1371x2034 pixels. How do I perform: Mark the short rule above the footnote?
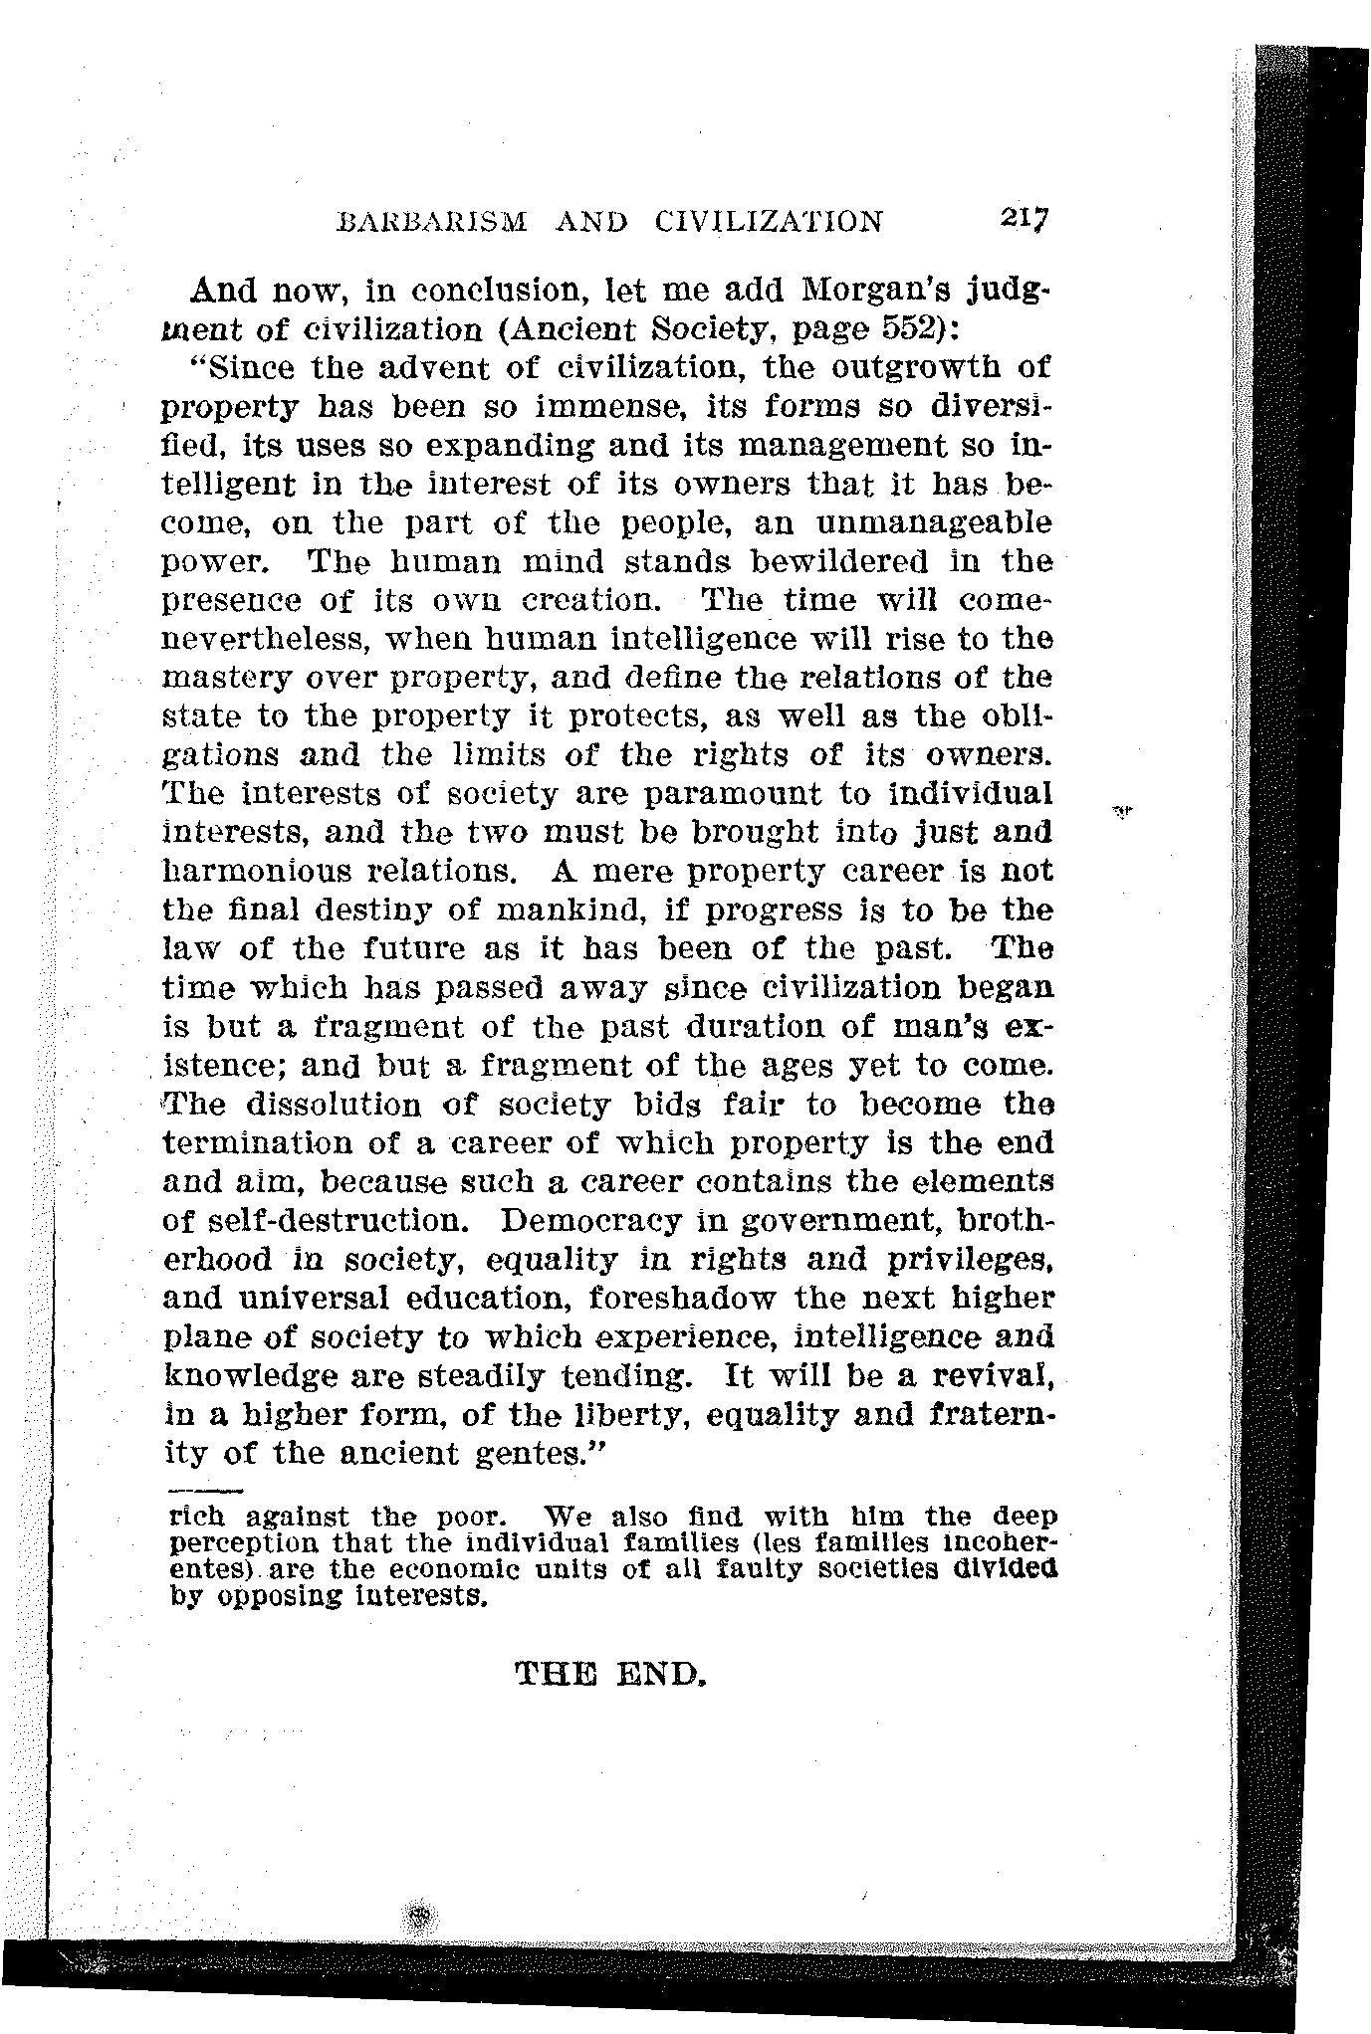[x=206, y=1491]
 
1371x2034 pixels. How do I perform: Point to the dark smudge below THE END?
[x=422, y=1914]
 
